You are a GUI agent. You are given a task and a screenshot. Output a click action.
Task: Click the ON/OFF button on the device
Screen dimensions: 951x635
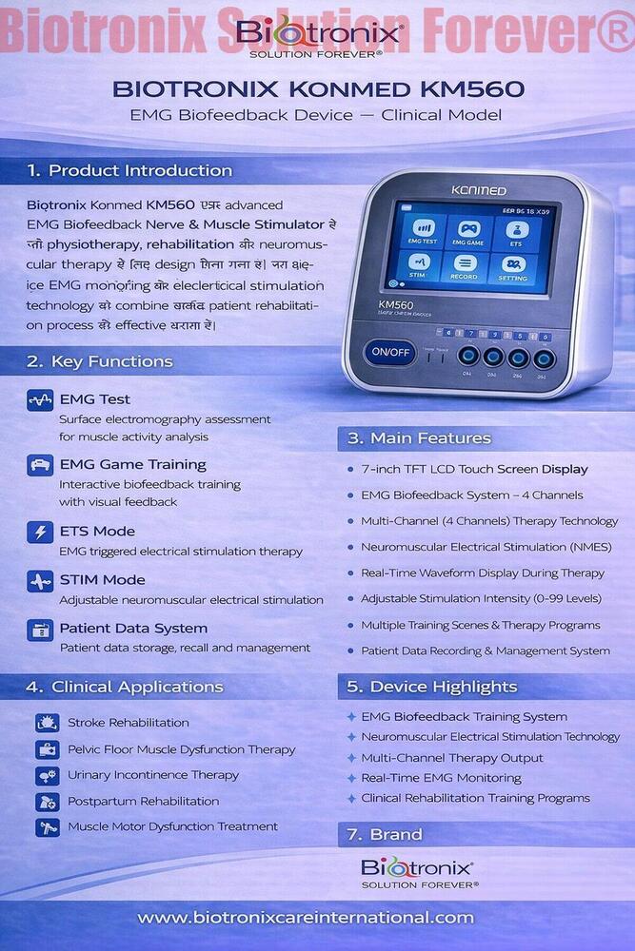(389, 352)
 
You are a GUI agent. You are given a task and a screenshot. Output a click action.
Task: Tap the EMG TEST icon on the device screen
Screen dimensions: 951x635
(422, 234)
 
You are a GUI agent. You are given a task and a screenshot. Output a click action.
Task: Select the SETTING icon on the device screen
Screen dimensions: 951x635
(512, 267)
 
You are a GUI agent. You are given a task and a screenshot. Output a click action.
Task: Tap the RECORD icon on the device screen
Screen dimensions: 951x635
(465, 267)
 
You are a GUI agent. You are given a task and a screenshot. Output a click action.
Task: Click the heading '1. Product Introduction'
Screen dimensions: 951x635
(130, 171)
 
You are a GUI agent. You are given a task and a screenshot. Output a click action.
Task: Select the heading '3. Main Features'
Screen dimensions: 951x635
(419, 438)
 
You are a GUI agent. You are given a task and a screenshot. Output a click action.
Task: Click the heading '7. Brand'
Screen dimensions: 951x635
(384, 834)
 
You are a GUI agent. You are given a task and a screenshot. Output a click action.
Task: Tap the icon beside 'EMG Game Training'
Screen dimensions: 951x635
(40, 465)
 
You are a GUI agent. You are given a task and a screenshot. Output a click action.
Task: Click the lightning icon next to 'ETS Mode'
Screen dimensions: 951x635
(40, 532)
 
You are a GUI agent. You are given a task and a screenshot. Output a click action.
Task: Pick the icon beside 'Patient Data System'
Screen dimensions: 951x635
(40, 629)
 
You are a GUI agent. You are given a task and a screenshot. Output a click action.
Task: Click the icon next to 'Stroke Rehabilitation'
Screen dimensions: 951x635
(47, 723)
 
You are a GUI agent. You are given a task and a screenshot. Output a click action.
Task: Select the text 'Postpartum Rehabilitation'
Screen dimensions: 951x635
(143, 801)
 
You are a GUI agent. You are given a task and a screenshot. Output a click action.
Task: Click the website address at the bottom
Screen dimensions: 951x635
(306, 918)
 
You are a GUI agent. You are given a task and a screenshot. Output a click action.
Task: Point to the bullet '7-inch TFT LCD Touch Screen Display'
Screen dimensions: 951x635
(474, 469)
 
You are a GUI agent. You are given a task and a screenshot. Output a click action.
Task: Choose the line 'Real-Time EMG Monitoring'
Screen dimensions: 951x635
(441, 778)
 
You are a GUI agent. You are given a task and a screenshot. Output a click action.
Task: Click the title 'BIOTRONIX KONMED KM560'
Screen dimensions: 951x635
(318, 90)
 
